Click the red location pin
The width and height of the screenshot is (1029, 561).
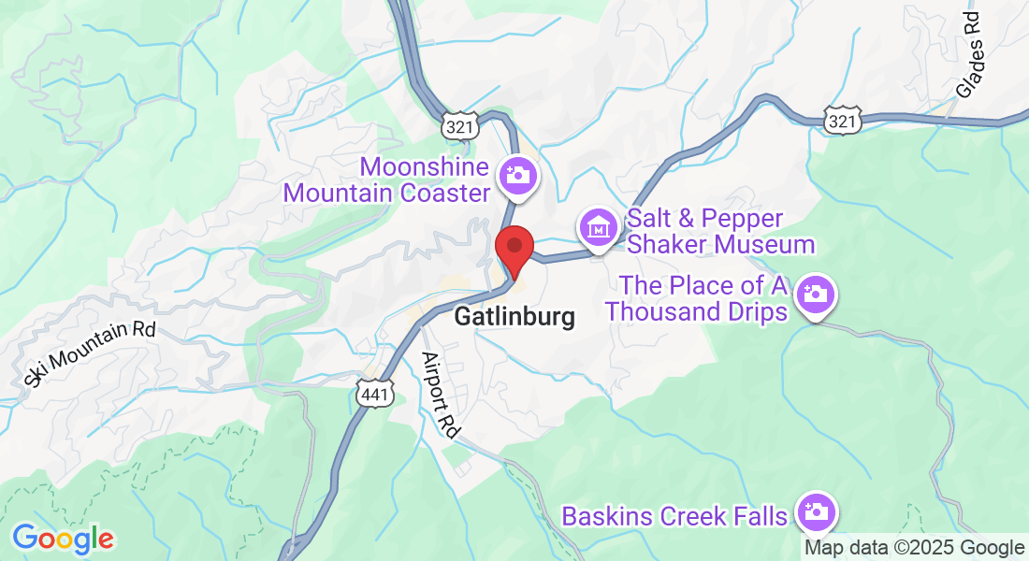click(514, 250)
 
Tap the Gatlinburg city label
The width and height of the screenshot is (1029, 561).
click(514, 317)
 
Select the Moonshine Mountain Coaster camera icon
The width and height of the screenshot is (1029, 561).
click(515, 175)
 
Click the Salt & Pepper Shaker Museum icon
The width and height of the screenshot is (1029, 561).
click(597, 226)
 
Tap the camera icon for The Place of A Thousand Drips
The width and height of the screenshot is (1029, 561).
click(815, 295)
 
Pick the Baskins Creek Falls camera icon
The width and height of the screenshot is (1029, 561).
click(816, 511)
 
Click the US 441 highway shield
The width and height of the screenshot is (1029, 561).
click(373, 395)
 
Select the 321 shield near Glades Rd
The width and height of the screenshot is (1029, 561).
click(842, 120)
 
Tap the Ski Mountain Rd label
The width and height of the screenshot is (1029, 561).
click(90, 352)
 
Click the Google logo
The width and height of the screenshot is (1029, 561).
click(63, 539)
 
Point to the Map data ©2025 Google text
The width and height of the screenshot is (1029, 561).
click(914, 548)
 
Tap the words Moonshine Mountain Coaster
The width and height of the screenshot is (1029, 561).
click(387, 180)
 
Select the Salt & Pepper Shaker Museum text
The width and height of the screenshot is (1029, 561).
click(720, 232)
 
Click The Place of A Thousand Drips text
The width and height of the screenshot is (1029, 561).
click(697, 298)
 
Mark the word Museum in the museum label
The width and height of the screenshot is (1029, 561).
click(763, 245)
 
